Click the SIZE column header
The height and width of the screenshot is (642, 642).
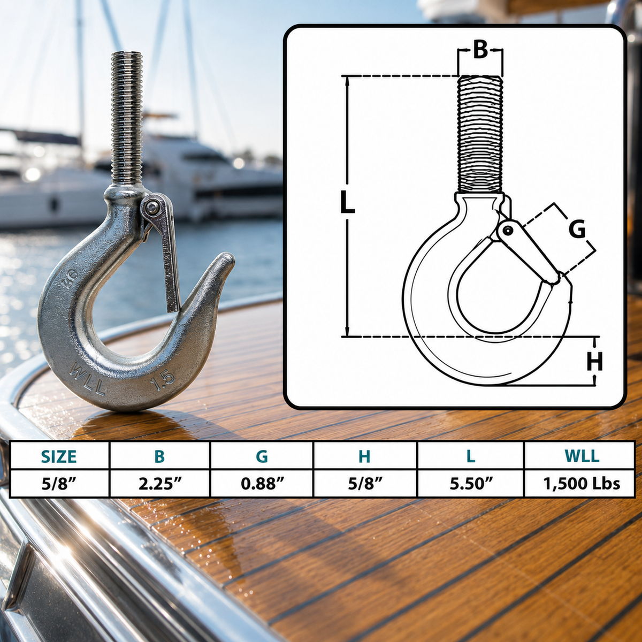pyautogui.click(x=59, y=456)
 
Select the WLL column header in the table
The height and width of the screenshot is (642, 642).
pyautogui.click(x=582, y=456)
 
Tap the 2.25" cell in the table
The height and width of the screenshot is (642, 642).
pyautogui.click(x=159, y=484)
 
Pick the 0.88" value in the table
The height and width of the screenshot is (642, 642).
pyautogui.click(x=262, y=484)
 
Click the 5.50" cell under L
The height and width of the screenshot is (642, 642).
pyautogui.click(x=471, y=484)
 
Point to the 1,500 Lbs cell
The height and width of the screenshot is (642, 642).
pyautogui.click(x=582, y=484)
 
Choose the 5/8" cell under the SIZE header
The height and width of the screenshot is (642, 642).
pyautogui.click(x=59, y=484)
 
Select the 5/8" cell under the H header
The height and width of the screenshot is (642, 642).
pyautogui.click(x=365, y=484)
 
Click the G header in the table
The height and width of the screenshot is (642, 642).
pyautogui.click(x=262, y=456)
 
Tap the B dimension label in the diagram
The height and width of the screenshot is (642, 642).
pyautogui.click(x=480, y=51)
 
